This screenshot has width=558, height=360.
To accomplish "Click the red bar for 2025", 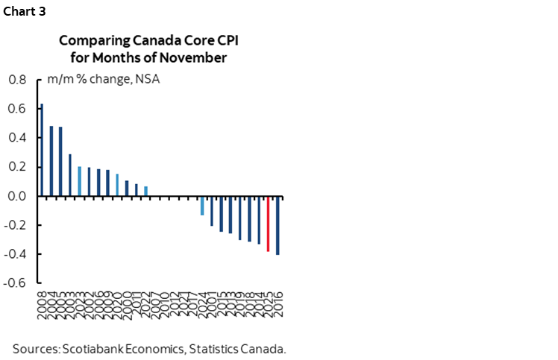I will point(268,224).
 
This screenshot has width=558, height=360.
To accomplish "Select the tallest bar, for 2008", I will point(42,150).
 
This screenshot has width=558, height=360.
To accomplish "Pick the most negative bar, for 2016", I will point(278,226).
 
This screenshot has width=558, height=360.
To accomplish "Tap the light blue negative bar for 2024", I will point(202,206).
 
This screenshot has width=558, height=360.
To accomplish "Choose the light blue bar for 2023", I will point(80,181).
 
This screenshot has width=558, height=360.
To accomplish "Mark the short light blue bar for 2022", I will point(145,192).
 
